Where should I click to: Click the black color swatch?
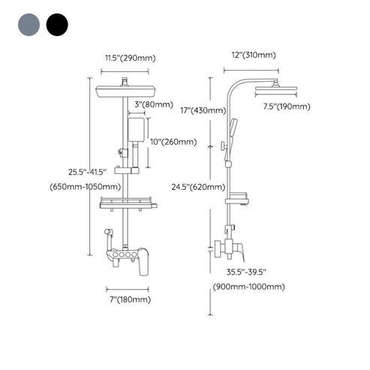[x=56, y=26]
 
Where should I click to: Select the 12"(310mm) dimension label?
[x=254, y=55]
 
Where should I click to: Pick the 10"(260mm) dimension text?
[x=173, y=141]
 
